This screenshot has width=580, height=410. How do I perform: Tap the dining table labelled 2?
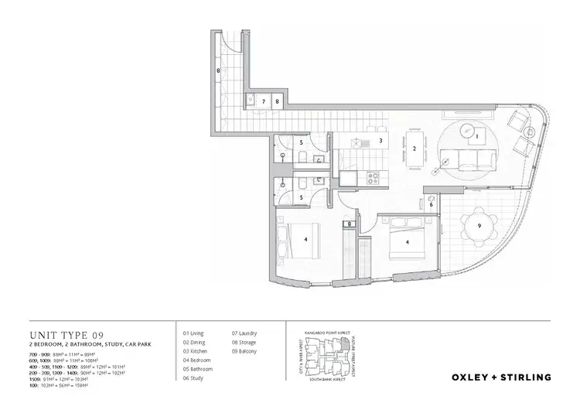point(415,149)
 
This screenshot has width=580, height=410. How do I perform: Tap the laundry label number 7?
point(263,101)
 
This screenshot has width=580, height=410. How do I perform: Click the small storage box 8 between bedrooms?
point(350,224)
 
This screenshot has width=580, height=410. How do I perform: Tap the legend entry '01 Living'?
point(193,333)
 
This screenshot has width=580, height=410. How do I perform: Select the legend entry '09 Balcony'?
point(245,351)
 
